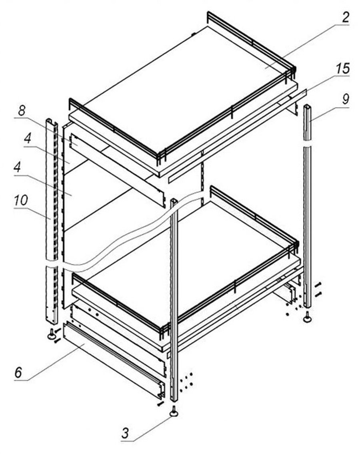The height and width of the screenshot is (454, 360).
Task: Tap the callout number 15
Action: click(343, 68)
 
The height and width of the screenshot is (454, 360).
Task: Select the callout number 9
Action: click(345, 99)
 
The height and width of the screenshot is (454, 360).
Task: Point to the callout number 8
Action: click(22, 110)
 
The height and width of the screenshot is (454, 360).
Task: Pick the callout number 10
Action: click(21, 200)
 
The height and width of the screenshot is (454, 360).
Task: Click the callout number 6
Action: click(18, 372)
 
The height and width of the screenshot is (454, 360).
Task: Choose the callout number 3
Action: click(125, 434)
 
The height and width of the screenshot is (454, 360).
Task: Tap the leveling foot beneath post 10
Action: click(52, 334)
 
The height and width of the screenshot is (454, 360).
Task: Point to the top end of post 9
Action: click(307, 106)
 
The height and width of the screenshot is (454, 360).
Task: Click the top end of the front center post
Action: click(174, 201)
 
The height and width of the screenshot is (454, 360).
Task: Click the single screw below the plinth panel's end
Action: click(160, 403)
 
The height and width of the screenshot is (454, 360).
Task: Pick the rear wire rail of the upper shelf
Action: click(251, 43)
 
